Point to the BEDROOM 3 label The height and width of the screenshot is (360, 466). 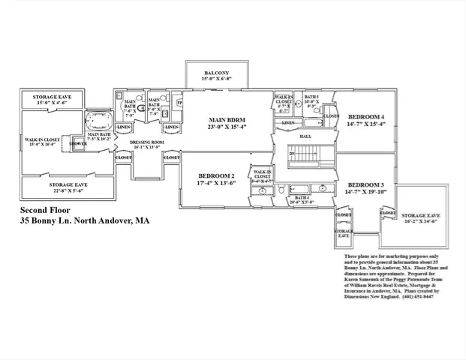point(366,187)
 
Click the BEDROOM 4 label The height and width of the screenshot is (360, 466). point(365,120)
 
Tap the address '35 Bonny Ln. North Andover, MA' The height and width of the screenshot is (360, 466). point(83,221)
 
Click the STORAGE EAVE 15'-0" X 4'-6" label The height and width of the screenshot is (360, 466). point(59,100)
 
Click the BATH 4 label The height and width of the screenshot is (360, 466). point(301,200)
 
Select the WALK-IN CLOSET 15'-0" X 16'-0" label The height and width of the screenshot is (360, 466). point(42,142)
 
